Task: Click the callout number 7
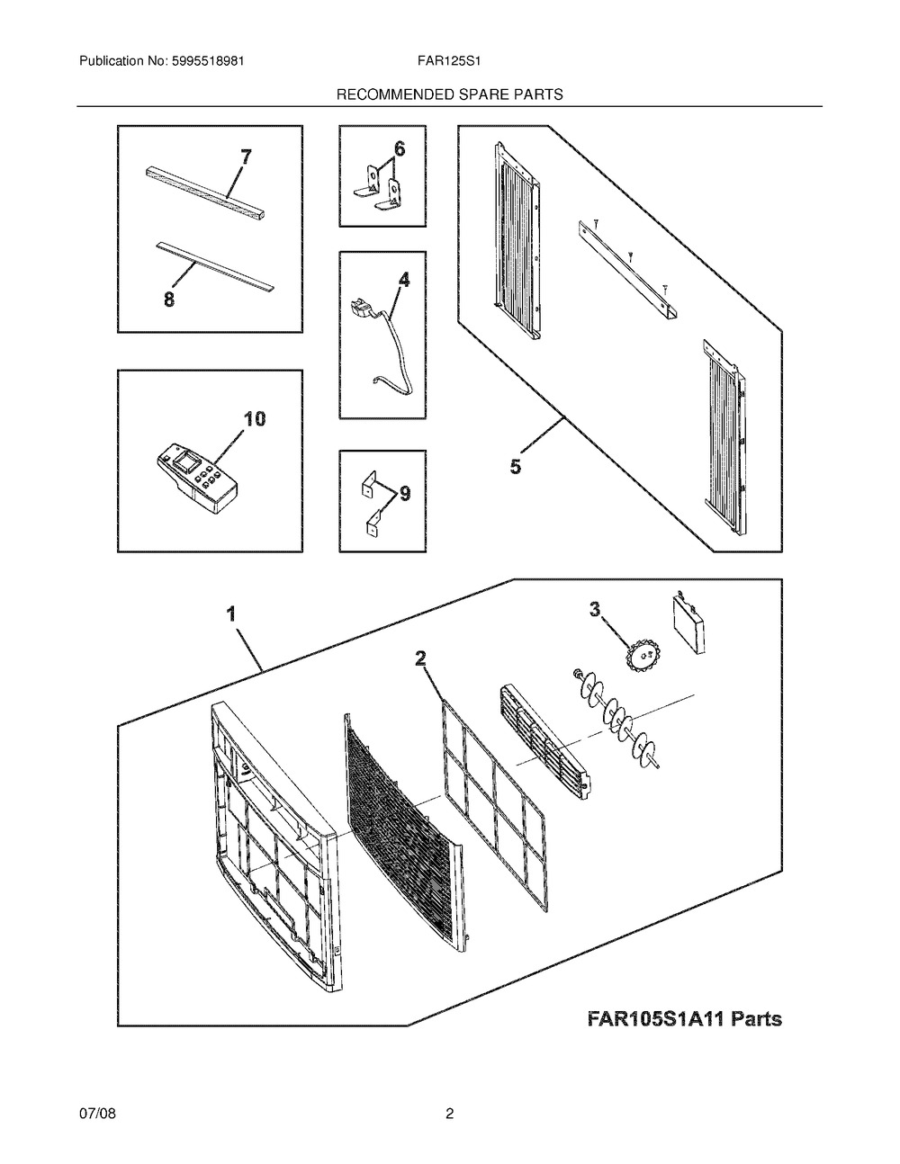tap(246, 158)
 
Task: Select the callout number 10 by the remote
tap(255, 419)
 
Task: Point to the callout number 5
tap(515, 467)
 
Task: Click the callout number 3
tap(595, 610)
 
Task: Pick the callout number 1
tap(231, 615)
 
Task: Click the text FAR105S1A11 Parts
tap(684, 1019)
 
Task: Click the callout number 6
tap(400, 149)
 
